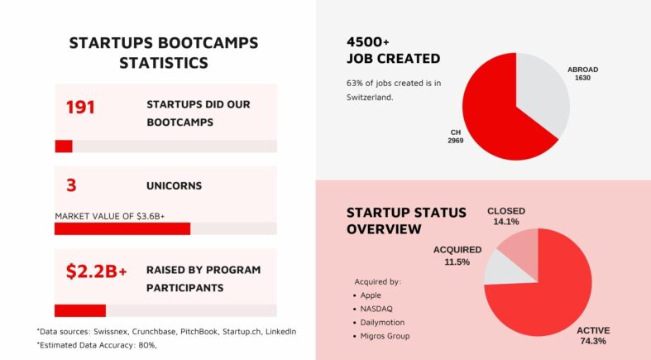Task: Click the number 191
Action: [80, 108]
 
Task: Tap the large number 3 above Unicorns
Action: [71, 185]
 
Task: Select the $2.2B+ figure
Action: [96, 271]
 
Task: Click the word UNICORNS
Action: [174, 186]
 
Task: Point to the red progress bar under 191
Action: [64, 146]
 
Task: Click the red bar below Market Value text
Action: [122, 228]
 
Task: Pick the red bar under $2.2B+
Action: [80, 310]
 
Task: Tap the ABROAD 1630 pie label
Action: [582, 74]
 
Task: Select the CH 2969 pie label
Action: [455, 137]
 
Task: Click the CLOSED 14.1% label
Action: [505, 216]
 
